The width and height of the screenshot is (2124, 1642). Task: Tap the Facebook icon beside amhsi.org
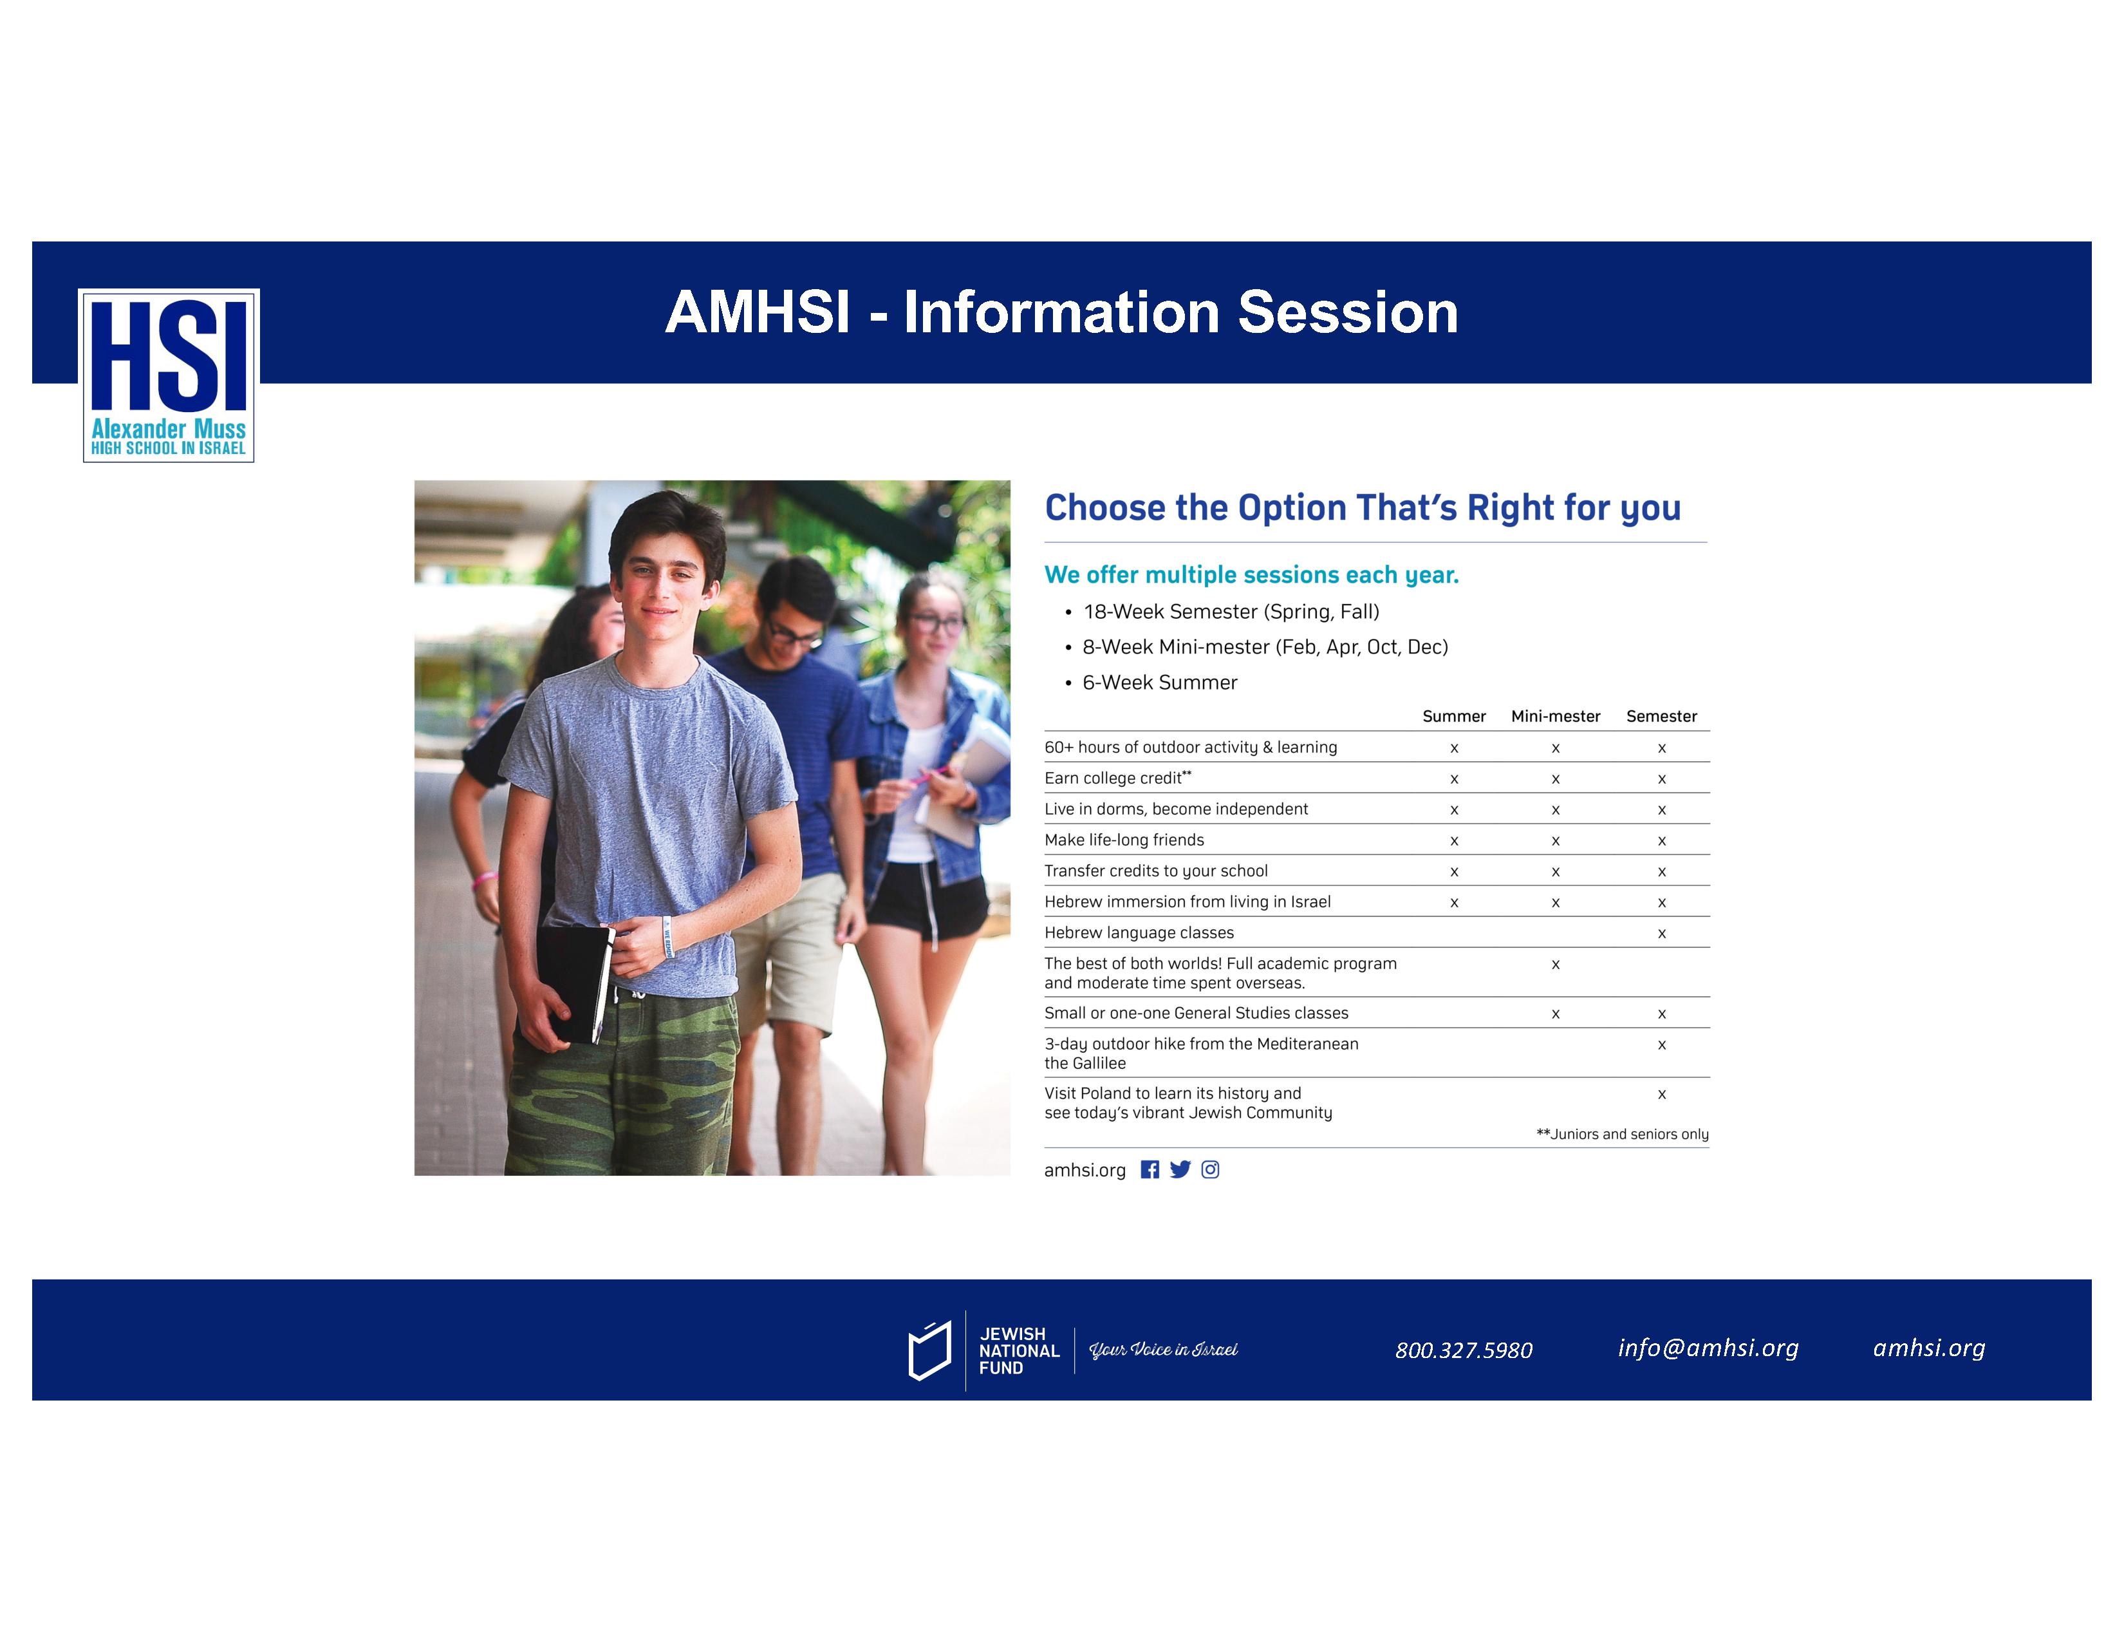1150,1169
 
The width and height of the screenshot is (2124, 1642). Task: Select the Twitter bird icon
1180,1169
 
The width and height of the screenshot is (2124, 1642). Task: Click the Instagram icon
1211,1169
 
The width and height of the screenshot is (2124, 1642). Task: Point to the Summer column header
1454,717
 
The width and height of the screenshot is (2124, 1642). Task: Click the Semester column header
1661,717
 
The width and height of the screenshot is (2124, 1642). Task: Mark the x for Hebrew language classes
1662,934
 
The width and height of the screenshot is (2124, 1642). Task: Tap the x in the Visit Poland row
1662,1094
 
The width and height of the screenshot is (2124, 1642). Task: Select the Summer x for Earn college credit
1455,779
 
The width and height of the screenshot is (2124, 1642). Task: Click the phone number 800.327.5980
1464,1350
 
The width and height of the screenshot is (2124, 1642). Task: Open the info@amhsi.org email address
1708,1348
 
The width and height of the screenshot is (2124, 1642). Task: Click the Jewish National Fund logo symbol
929,1350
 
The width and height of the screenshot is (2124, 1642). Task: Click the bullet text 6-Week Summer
1159,683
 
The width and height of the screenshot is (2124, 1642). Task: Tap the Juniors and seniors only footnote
1622,1134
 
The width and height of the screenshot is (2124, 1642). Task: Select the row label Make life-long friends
1124,840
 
